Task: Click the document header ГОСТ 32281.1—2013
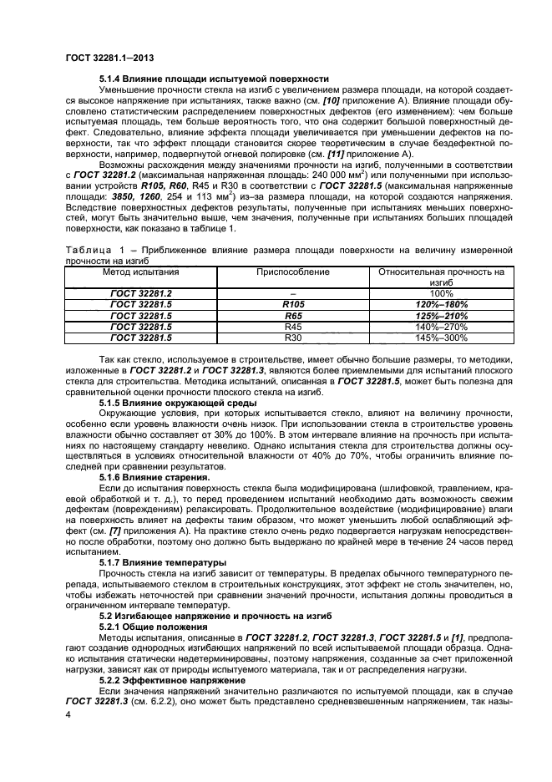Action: (x=108, y=57)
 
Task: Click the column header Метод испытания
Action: (x=140, y=272)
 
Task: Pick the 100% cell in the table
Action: (x=440, y=294)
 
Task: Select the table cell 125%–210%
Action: (x=440, y=317)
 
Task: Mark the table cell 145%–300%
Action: (x=440, y=338)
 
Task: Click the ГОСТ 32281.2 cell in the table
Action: (x=140, y=294)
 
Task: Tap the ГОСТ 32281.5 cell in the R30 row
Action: (x=140, y=338)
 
